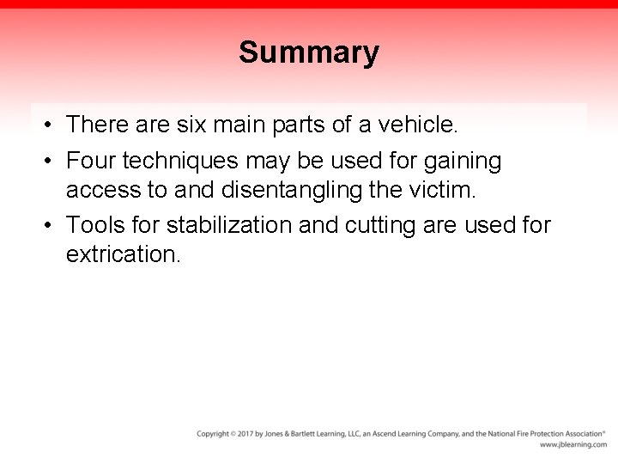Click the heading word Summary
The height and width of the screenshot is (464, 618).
(x=308, y=53)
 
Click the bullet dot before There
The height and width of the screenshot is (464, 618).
(x=51, y=125)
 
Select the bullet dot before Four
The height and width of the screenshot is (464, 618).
(x=51, y=162)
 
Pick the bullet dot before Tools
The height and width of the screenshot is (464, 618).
(x=51, y=226)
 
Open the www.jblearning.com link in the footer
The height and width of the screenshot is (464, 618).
(x=573, y=445)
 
